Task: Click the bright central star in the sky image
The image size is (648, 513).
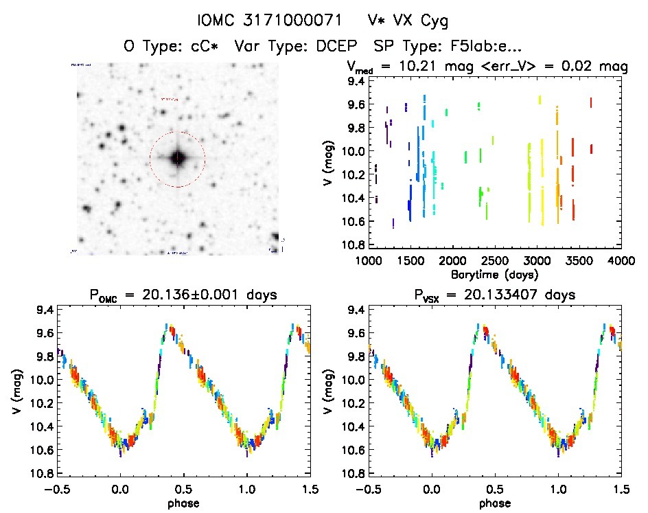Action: click(x=178, y=158)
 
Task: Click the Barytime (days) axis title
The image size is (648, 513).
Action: click(x=494, y=274)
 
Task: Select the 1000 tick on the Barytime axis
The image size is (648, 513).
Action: click(x=368, y=261)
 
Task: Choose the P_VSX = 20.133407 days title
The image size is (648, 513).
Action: click(x=494, y=296)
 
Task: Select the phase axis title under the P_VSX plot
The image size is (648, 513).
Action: click(x=494, y=503)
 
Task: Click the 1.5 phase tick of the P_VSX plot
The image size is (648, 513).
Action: click(x=621, y=490)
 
